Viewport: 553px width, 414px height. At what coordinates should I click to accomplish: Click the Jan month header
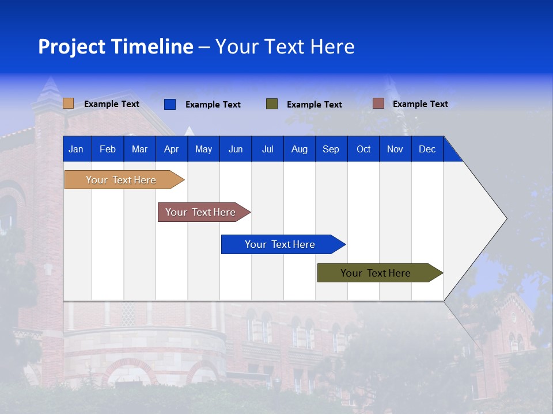click(76, 149)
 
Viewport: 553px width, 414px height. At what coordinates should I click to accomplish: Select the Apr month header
click(171, 149)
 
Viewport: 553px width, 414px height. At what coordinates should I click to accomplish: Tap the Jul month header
click(267, 149)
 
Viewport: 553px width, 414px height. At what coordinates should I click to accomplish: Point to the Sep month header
click(331, 149)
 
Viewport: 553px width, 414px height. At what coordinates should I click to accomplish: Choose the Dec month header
click(427, 149)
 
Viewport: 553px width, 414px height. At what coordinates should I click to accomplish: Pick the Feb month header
click(108, 149)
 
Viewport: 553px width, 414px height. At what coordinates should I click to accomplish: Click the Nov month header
click(395, 149)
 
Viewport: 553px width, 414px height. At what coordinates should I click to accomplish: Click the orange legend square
click(69, 103)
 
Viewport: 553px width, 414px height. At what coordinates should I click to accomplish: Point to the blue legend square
click(170, 104)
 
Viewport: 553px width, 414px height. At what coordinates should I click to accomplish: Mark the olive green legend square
click(272, 104)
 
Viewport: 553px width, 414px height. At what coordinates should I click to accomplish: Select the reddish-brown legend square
click(378, 103)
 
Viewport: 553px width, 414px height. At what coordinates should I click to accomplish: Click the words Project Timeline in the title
click(116, 47)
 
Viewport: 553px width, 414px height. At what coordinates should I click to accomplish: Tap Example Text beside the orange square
click(112, 104)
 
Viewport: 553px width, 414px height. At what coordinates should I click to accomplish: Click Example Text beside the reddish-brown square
click(420, 104)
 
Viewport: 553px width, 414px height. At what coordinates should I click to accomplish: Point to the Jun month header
click(235, 149)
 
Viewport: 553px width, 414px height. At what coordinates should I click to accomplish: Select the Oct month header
click(363, 149)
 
